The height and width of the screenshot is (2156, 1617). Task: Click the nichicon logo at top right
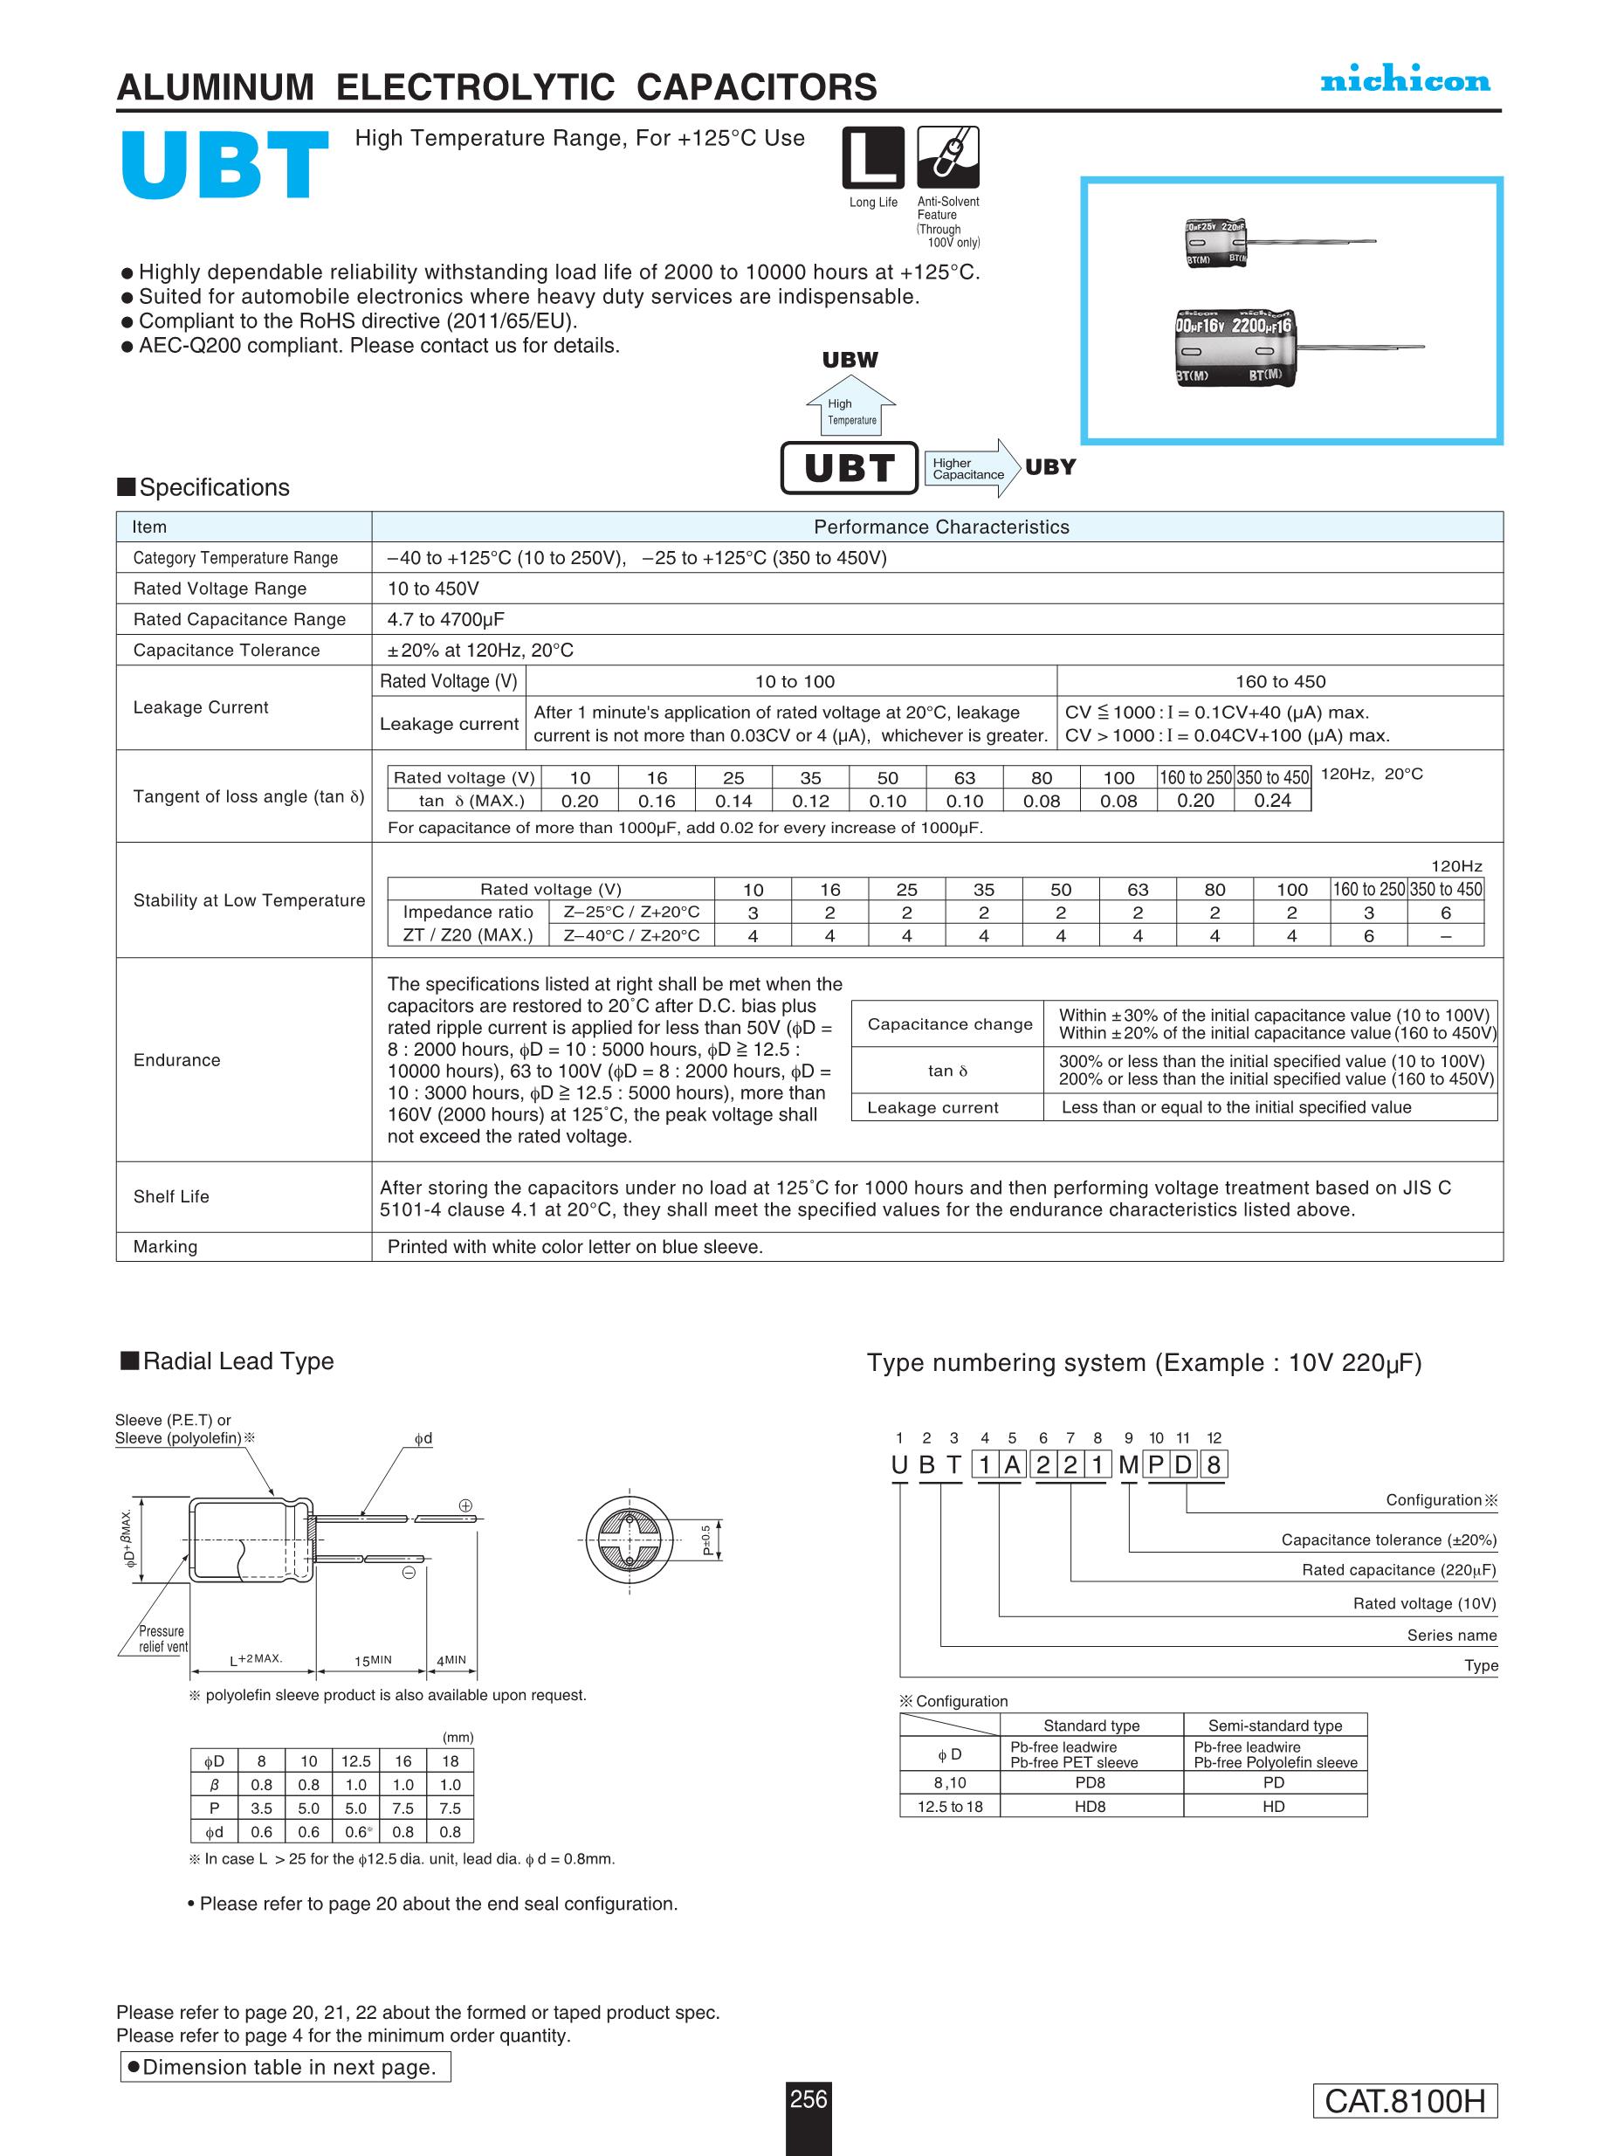tap(1405, 81)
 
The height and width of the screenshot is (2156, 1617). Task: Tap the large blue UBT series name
tap(224, 166)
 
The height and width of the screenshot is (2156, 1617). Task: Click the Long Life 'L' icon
tap(872, 157)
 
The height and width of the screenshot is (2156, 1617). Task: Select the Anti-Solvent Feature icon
tap(947, 157)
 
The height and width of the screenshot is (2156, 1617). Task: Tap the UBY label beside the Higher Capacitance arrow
tap(1049, 467)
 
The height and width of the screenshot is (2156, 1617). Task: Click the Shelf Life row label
tap(171, 1197)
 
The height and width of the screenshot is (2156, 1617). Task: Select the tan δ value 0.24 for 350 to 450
tap(1272, 800)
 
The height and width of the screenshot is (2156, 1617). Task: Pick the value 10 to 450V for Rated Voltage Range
tap(433, 589)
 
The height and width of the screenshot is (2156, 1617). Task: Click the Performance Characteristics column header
tap(940, 527)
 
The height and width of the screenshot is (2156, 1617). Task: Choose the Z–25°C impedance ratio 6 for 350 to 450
tap(1446, 913)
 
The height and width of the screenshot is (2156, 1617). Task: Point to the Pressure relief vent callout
tap(162, 1638)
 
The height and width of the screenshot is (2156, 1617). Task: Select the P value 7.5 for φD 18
tap(451, 1808)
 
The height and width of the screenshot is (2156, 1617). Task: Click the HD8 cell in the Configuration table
tap(1090, 1806)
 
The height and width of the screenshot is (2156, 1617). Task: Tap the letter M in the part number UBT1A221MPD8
tap(1128, 1465)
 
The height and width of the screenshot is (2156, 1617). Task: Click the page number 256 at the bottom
tap(808, 2098)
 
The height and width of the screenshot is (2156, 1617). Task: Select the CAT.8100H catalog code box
tap(1405, 2100)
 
